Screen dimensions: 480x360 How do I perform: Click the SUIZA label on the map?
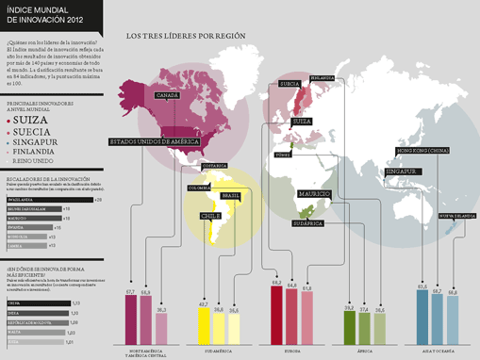point(302,122)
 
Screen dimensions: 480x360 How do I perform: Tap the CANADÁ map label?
point(167,95)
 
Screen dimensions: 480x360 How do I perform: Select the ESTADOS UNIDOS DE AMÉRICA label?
point(154,141)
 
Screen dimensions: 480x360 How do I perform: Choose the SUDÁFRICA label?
point(308,223)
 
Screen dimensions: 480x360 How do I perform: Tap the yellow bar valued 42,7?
point(204,324)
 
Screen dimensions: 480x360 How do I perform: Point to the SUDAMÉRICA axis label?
point(218,351)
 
